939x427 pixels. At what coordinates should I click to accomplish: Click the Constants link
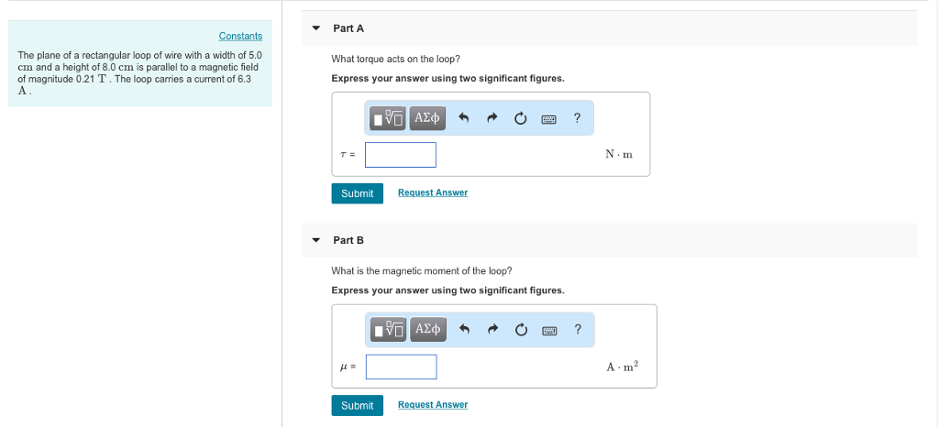240,36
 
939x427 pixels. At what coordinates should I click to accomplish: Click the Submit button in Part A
357,193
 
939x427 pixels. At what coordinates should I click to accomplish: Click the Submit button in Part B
357,405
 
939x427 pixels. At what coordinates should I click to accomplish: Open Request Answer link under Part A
433,192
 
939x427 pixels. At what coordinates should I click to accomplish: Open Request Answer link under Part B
433,404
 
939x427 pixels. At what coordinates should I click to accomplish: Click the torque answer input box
401,155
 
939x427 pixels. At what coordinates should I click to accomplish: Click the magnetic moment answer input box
401,367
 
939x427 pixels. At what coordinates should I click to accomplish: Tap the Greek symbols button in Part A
427,117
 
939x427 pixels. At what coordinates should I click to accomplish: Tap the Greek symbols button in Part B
427,329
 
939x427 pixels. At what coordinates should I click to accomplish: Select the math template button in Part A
389,117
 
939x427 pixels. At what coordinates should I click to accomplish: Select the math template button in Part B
389,329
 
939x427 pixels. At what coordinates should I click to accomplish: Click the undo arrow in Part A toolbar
464,117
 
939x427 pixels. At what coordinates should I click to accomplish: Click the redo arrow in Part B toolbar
492,329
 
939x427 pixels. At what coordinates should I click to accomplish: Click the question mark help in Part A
577,117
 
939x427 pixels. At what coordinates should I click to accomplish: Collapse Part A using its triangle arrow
316,28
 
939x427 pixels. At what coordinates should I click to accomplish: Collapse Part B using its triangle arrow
316,240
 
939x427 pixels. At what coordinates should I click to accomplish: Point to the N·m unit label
619,155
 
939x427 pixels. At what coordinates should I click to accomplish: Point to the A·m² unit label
622,367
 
